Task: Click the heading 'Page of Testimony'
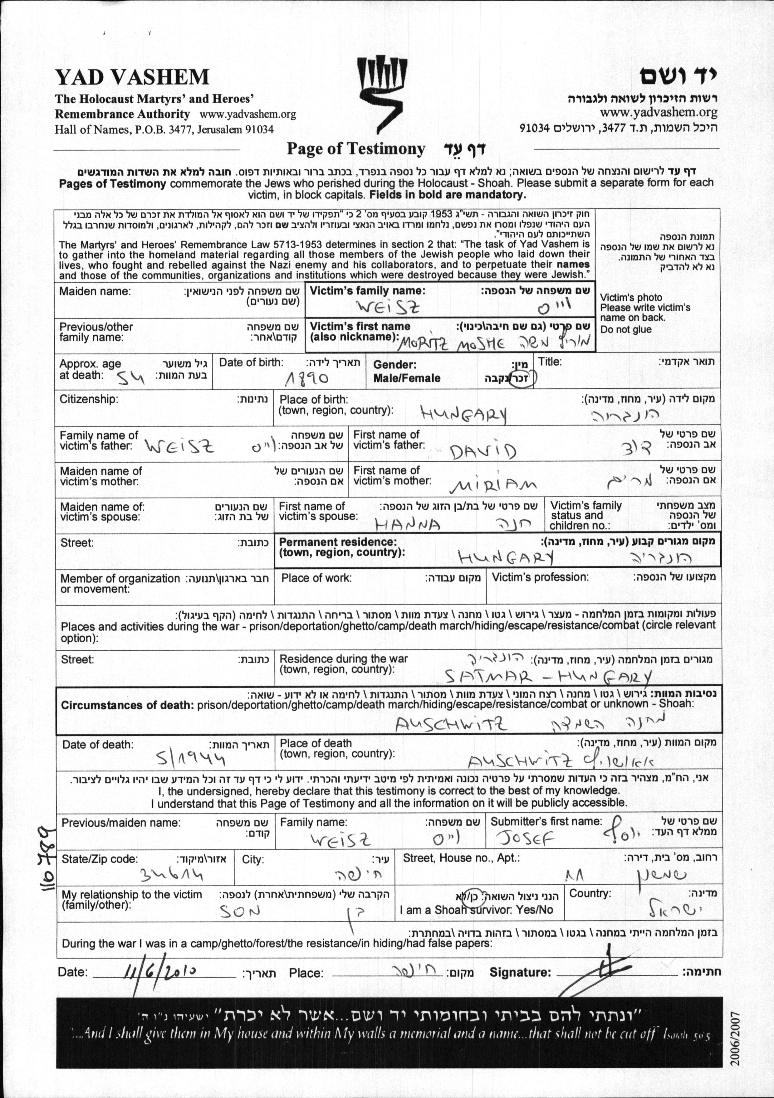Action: (x=355, y=149)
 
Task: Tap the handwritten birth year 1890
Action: (x=306, y=379)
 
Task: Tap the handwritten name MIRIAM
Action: (x=493, y=486)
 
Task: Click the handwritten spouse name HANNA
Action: (x=408, y=525)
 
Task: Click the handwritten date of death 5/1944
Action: (x=191, y=758)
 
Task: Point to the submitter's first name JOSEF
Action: (x=525, y=838)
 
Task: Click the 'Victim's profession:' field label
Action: (x=540, y=577)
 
